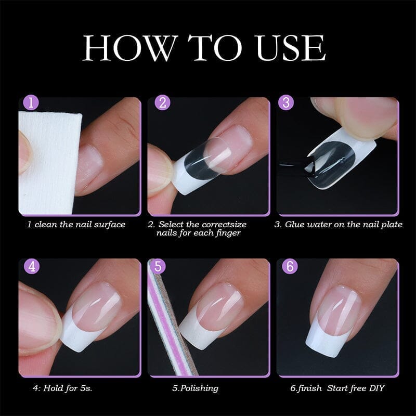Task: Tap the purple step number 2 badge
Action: [163, 102]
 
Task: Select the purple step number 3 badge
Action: [285, 102]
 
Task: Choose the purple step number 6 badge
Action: [289, 267]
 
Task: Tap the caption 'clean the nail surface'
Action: [80, 225]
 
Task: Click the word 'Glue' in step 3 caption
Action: [296, 225]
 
